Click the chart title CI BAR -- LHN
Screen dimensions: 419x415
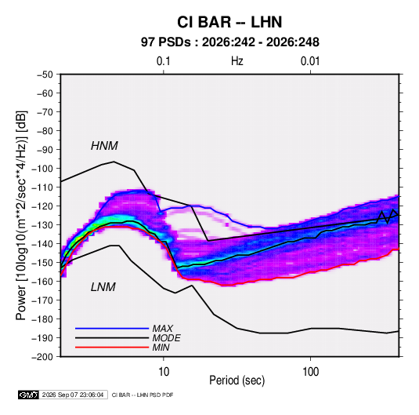pyautogui.click(x=229, y=22)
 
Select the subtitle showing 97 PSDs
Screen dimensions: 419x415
pyautogui.click(x=230, y=42)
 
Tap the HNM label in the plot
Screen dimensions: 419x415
pyautogui.click(x=104, y=146)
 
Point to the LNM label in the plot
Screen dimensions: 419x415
pyautogui.click(x=103, y=287)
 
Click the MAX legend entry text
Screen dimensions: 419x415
pyautogui.click(x=162, y=329)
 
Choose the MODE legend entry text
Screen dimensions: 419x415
pyautogui.click(x=166, y=338)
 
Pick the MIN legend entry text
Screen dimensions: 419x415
pyautogui.click(x=161, y=348)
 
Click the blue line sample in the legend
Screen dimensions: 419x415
pyautogui.click(x=112, y=329)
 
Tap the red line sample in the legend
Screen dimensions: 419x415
pyautogui.click(x=112, y=348)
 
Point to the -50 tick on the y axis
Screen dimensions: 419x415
pyautogui.click(x=45, y=75)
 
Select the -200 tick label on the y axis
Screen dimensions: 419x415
pyautogui.click(x=42, y=357)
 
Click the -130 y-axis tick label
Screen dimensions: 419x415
pyautogui.click(x=42, y=225)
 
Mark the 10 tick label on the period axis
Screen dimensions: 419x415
pyautogui.click(x=164, y=372)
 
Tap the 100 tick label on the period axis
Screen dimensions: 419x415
pyautogui.click(x=310, y=372)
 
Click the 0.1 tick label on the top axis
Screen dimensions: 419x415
pyautogui.click(x=163, y=61)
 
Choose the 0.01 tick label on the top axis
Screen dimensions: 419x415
pyautogui.click(x=310, y=61)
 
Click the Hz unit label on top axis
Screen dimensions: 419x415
pyautogui.click(x=237, y=61)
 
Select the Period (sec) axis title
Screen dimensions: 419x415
pyautogui.click(x=237, y=380)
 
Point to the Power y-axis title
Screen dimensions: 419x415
pyautogui.click(x=21, y=216)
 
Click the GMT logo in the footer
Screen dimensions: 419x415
pyautogui.click(x=28, y=395)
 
